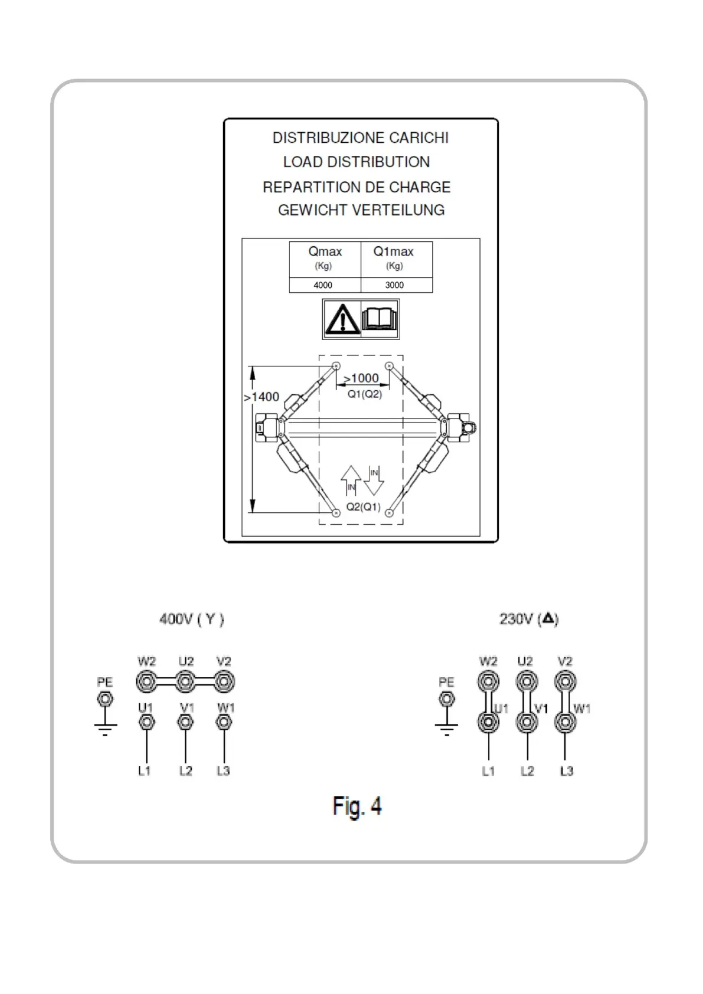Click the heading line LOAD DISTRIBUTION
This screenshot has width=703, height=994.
click(x=357, y=162)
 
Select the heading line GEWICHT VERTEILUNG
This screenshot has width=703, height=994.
click(x=361, y=210)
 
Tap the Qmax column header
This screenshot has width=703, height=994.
click(x=325, y=252)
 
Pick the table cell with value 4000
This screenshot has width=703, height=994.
click(x=323, y=285)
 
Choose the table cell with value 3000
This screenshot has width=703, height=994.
click(x=394, y=285)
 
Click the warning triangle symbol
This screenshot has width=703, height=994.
click(x=342, y=320)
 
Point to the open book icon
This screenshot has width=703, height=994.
click(x=380, y=319)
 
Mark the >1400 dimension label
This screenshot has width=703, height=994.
click(x=261, y=397)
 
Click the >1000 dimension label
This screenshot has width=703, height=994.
click(x=361, y=378)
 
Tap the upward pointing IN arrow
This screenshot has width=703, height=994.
click(x=351, y=480)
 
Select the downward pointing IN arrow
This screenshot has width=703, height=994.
click(x=374, y=480)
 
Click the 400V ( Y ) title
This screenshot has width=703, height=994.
click(x=192, y=619)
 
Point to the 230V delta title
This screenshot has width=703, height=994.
click(x=529, y=619)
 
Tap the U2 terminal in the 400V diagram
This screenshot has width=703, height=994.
click(x=185, y=682)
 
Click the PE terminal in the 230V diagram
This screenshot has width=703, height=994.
click(x=447, y=699)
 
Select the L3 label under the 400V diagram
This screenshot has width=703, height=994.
click(x=223, y=771)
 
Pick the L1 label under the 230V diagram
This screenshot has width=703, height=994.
click(x=488, y=771)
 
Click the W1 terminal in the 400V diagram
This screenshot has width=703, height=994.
click(x=223, y=722)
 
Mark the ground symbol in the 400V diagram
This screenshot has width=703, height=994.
click(x=105, y=729)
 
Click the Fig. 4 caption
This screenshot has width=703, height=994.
click(x=357, y=806)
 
